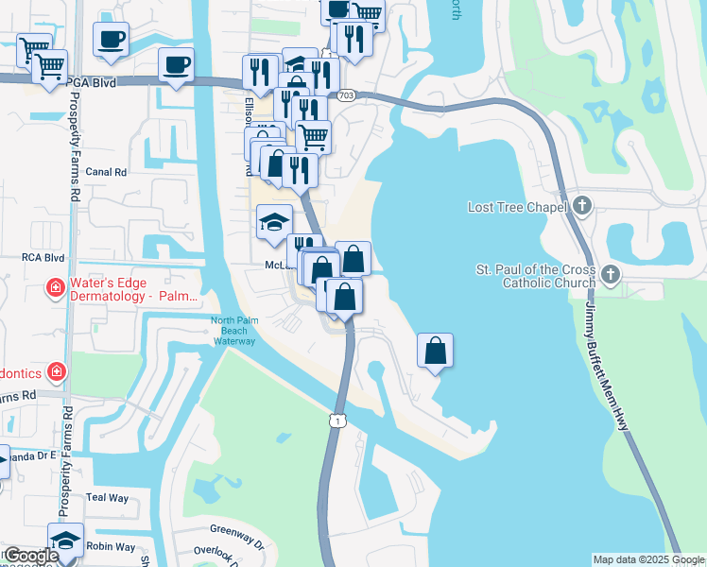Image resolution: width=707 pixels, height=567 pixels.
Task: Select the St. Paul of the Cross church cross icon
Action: click(611, 275)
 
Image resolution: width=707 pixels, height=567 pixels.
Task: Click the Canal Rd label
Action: click(106, 172)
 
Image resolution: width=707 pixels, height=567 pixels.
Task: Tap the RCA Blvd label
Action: click(43, 257)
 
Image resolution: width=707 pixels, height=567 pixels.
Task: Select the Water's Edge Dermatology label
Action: click(132, 288)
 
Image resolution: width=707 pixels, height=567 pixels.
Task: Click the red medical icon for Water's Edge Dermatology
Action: click(56, 287)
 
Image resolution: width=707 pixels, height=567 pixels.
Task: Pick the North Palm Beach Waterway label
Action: click(233, 331)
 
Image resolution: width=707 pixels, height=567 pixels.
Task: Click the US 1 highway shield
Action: click(336, 419)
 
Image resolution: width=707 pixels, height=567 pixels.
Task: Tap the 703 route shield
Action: click(346, 95)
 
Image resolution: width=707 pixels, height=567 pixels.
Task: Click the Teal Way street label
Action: click(107, 496)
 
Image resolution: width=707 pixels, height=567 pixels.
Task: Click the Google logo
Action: click(31, 556)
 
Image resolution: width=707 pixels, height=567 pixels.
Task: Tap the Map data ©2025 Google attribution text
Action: click(648, 559)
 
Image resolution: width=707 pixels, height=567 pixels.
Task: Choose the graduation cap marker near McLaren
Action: click(274, 225)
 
